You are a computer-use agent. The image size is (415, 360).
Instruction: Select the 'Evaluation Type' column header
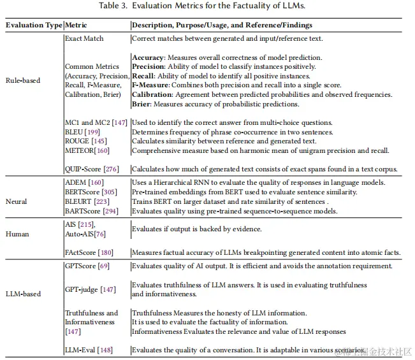34,25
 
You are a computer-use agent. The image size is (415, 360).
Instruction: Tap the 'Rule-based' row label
23,80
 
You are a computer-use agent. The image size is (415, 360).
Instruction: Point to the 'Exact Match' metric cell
84,38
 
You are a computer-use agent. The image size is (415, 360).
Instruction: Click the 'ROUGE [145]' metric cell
86,141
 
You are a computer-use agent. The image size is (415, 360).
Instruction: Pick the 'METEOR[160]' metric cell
87,150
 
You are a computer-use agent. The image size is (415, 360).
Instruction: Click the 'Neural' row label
17,201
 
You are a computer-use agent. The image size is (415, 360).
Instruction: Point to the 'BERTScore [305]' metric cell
92,192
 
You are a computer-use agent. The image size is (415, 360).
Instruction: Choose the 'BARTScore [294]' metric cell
92,210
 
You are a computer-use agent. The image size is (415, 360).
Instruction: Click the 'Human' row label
17,234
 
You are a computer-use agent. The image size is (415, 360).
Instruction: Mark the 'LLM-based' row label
23,294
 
